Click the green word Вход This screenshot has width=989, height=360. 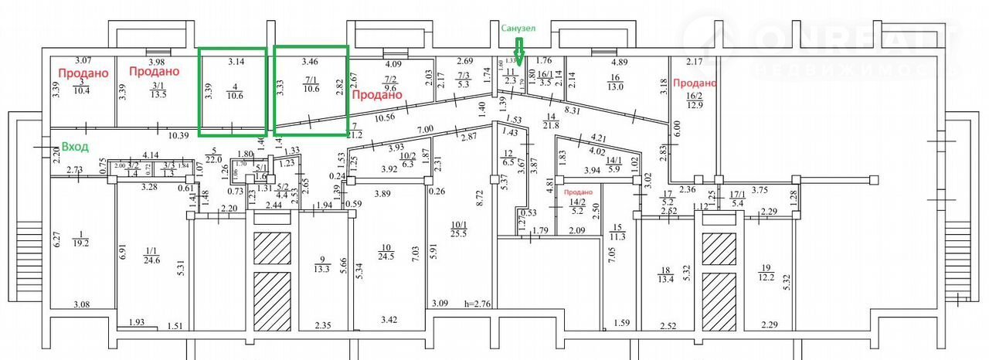pyautogui.click(x=76, y=146)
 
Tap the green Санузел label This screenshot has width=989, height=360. pyautogui.click(x=518, y=29)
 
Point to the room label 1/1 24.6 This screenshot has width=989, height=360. pyautogui.click(x=151, y=255)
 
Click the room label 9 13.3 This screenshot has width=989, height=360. pyautogui.click(x=323, y=265)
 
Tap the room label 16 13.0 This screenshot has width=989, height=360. pyautogui.click(x=616, y=82)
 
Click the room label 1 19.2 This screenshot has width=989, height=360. pyautogui.click(x=80, y=236)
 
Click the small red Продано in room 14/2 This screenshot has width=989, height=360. pyautogui.click(x=576, y=192)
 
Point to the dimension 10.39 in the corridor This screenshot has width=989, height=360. pyautogui.click(x=178, y=135)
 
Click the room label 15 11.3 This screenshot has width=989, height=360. pyautogui.click(x=617, y=232)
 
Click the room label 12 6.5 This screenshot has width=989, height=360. pyautogui.click(x=508, y=158)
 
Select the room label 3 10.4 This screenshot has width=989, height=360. pyautogui.click(x=81, y=86)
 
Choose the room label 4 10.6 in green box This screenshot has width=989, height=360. pyautogui.click(x=233, y=91)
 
